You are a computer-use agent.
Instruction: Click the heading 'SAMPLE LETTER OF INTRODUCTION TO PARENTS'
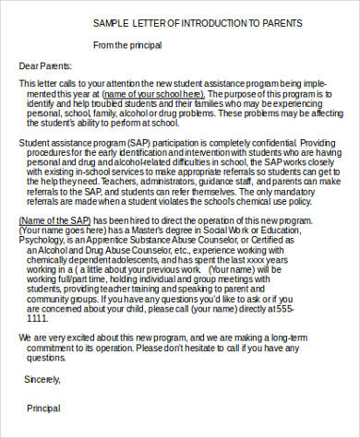[198, 22]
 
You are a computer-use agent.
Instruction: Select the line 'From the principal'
[132, 44]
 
